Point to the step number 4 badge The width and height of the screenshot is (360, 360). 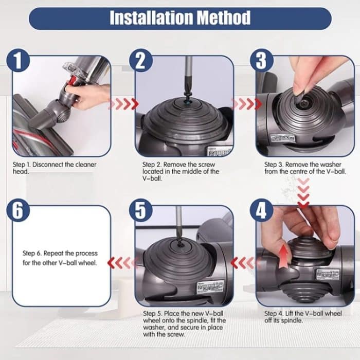[262, 211]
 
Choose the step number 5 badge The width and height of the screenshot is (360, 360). [140, 211]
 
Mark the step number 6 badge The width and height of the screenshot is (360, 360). [18, 211]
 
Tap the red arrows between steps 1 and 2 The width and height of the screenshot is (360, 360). [124, 104]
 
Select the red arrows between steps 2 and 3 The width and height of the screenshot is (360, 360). [245, 104]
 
